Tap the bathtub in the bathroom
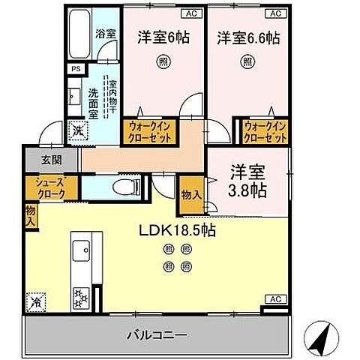click(79, 35)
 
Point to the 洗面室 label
click(93, 100)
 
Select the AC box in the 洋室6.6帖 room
click(275, 13)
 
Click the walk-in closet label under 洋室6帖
click(153, 133)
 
